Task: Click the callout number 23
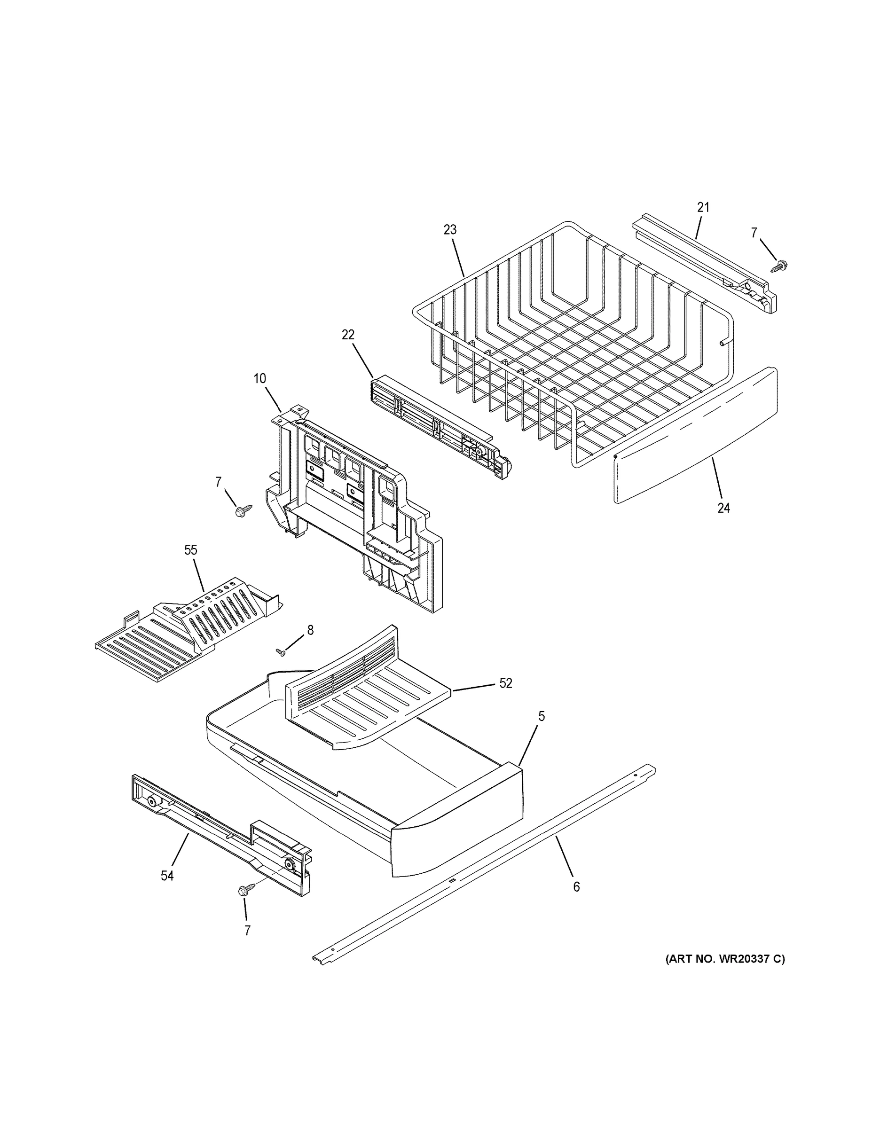point(450,230)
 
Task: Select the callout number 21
point(703,207)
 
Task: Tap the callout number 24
point(723,508)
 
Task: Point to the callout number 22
point(348,335)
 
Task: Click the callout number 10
point(259,378)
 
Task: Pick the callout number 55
point(191,550)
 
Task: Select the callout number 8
point(310,630)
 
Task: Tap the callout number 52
point(505,683)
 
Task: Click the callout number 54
point(167,876)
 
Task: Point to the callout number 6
point(576,887)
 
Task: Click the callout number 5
point(541,716)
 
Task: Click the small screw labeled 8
point(282,653)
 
